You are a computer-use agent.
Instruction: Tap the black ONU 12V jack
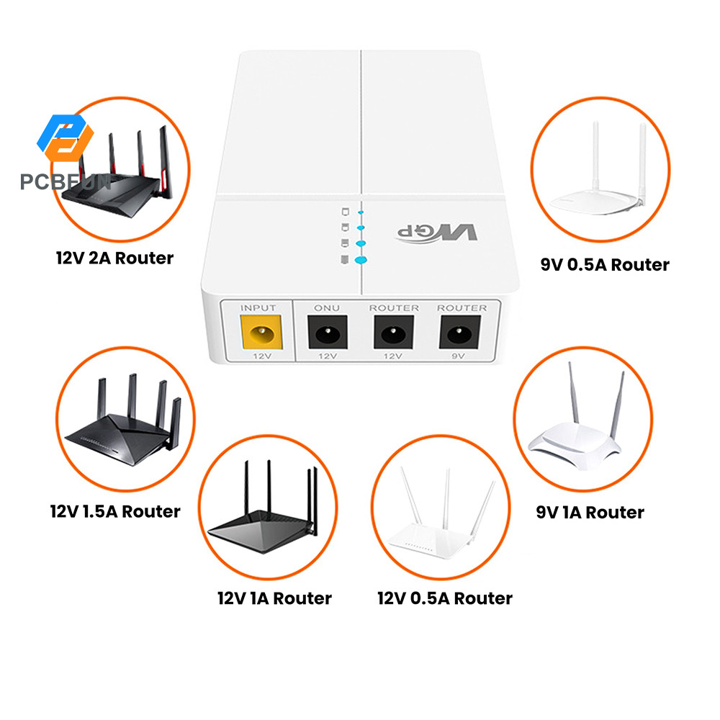point(327,336)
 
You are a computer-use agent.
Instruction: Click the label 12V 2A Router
point(115,257)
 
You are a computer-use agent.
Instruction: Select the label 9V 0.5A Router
point(605,264)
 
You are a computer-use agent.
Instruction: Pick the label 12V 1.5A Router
point(115,511)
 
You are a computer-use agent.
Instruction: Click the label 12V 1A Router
point(274,598)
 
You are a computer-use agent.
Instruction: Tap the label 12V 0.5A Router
point(445,598)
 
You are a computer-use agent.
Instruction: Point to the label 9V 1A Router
point(590,512)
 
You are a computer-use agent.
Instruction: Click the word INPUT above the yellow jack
point(258,308)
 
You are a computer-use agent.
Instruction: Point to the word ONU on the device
point(327,308)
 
